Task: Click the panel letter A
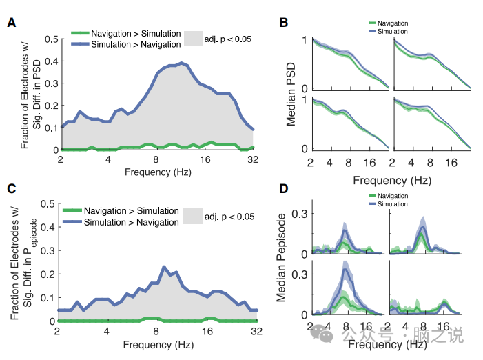coord(11,22)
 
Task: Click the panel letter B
coord(283,22)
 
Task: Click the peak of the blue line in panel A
coord(182,63)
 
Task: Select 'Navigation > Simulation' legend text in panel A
coord(136,34)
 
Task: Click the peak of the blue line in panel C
coord(164,266)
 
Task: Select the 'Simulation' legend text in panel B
coord(393,32)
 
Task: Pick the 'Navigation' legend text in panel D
coord(394,197)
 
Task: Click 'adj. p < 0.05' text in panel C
coord(229,217)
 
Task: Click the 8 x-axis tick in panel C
coord(156,330)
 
